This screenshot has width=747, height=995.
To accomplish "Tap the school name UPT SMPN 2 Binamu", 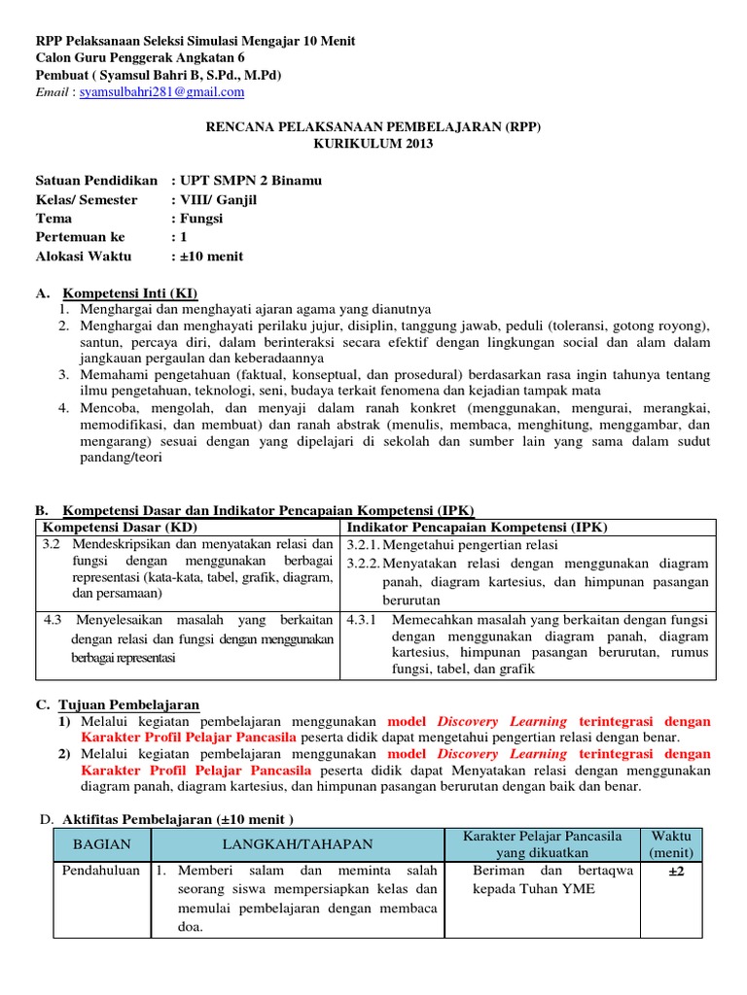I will pos(250,181).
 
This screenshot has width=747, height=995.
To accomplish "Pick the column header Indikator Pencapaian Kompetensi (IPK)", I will pos(477,527).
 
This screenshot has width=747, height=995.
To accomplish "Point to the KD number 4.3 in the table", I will pos(53,619).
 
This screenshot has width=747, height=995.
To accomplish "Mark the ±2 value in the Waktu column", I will pos(676,871).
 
